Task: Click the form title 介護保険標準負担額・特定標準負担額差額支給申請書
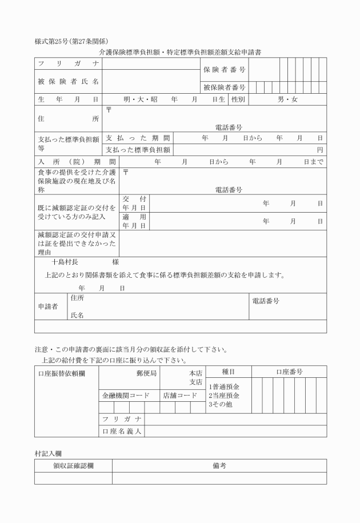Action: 180,52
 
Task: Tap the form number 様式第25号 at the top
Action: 54,41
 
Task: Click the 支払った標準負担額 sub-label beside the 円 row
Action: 138,150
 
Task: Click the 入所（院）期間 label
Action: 77,162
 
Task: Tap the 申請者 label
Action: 48,306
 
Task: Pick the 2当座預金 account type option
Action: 223,396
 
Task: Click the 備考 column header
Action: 219,466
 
